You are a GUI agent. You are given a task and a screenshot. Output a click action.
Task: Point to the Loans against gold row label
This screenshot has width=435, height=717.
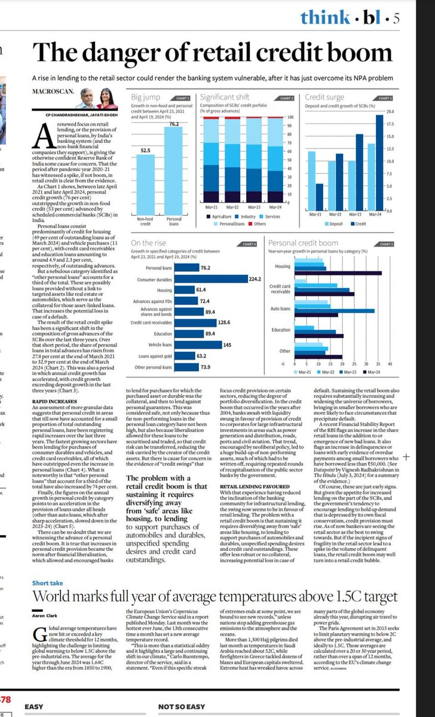coord(155,356)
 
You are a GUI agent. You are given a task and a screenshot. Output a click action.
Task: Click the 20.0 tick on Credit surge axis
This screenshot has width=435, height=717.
coord(391,112)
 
